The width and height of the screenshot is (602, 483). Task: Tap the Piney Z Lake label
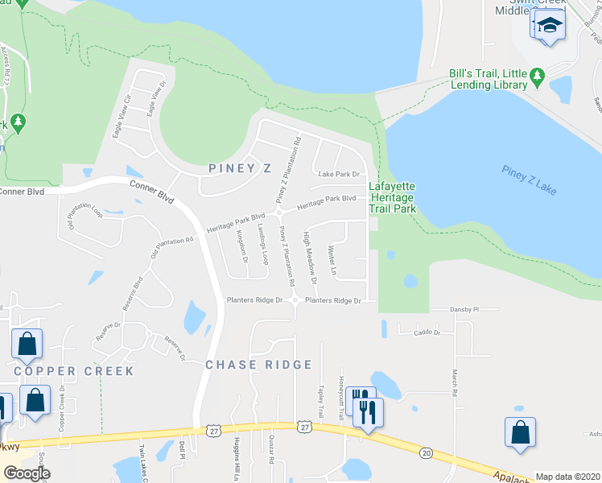click(529, 180)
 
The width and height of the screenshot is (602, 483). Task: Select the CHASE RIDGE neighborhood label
click(258, 365)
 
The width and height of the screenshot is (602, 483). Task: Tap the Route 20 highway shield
click(426, 453)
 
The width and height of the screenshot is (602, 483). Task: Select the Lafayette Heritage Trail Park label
click(392, 197)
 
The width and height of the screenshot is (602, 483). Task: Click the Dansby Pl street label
click(465, 309)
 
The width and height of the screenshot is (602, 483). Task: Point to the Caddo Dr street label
click(427, 332)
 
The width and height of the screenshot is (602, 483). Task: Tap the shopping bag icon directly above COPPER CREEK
click(27, 344)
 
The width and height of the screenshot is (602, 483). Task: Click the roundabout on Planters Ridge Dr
click(294, 301)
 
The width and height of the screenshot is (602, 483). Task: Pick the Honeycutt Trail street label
click(341, 396)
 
